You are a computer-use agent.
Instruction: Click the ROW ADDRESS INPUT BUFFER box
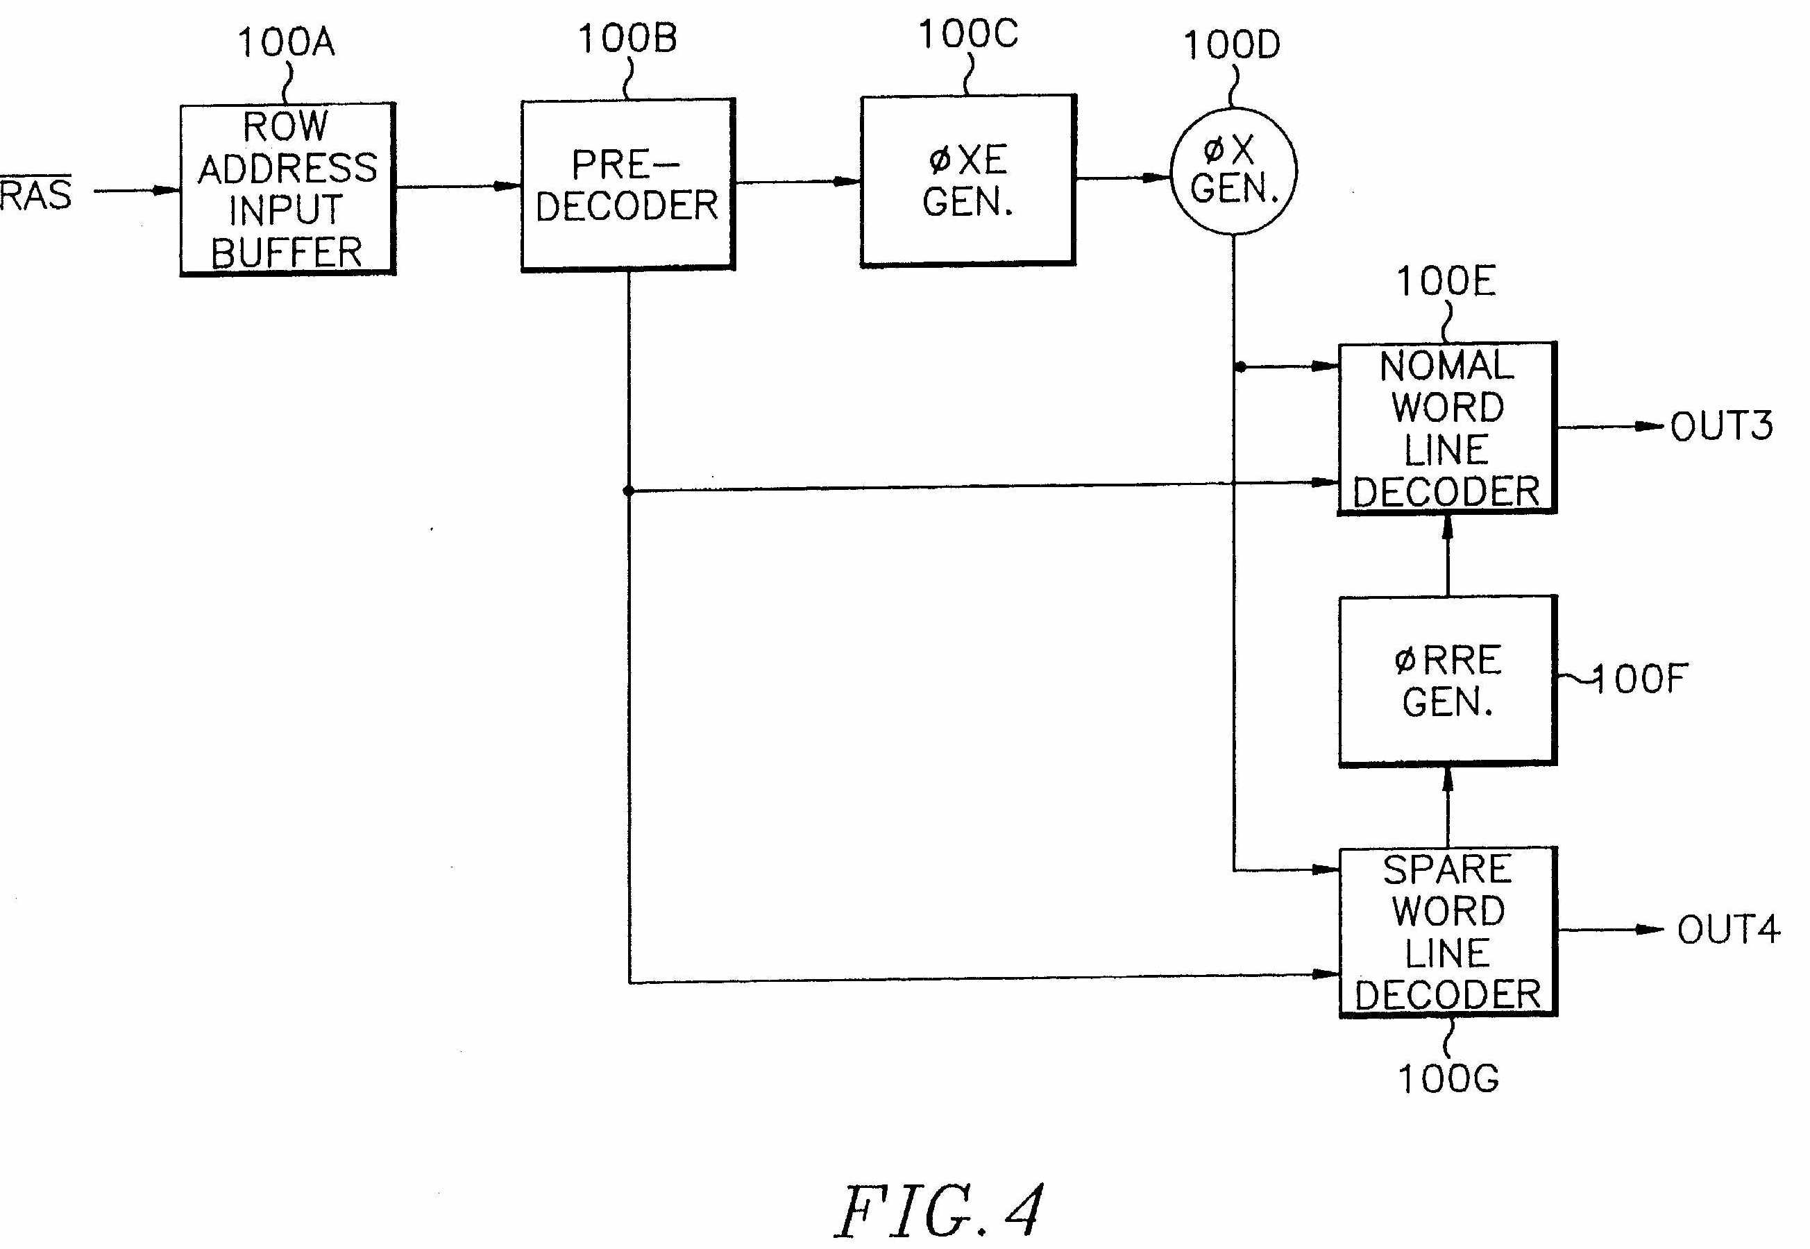[x=287, y=189]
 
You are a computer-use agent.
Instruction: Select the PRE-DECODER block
[x=627, y=185]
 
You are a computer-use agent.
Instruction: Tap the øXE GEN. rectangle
[x=968, y=181]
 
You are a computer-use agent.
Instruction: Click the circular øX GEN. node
[x=1233, y=171]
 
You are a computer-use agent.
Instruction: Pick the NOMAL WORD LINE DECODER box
[x=1447, y=428]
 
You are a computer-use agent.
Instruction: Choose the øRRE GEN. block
[x=1447, y=681]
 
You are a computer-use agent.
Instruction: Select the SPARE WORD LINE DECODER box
[x=1448, y=931]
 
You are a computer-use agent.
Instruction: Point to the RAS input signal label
[x=35, y=194]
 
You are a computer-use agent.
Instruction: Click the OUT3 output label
[x=1720, y=427]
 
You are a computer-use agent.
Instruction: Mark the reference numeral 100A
[x=287, y=43]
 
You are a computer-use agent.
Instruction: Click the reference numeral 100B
[x=627, y=39]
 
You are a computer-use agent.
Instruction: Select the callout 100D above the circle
[x=1232, y=45]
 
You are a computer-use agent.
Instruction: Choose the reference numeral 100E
[x=1446, y=282]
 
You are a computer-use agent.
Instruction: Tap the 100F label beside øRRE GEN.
[x=1639, y=679]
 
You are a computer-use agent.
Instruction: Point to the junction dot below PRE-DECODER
[x=628, y=491]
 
